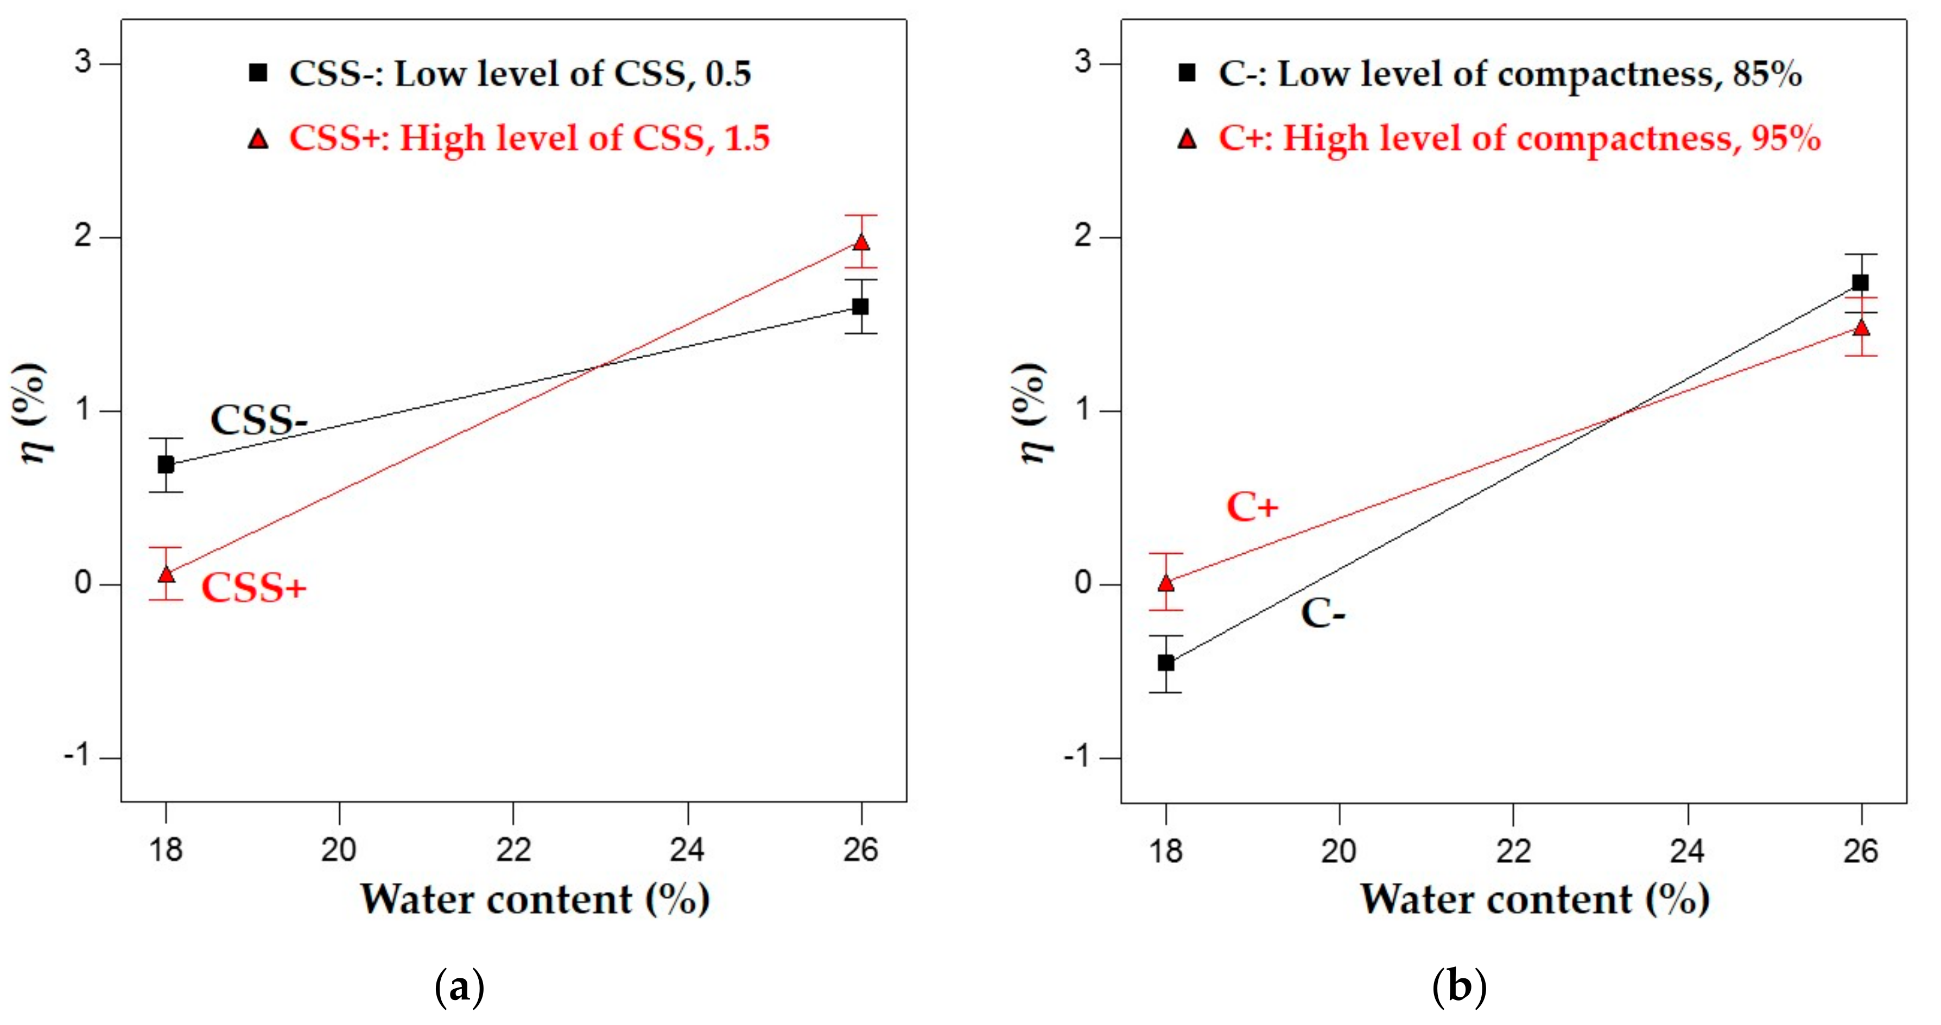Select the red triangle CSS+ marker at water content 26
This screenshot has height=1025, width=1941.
pos(860,243)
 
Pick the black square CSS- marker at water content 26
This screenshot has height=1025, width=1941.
pos(860,306)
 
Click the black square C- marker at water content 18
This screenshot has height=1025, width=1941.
pos(1166,662)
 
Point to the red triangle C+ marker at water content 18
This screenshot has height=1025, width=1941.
pos(1166,583)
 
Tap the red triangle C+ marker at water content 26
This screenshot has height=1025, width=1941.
pos(1861,327)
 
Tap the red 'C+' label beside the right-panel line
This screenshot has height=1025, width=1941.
pos(1252,507)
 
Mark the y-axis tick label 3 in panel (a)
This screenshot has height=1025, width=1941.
pos(83,62)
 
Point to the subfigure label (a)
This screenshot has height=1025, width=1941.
pos(460,986)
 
